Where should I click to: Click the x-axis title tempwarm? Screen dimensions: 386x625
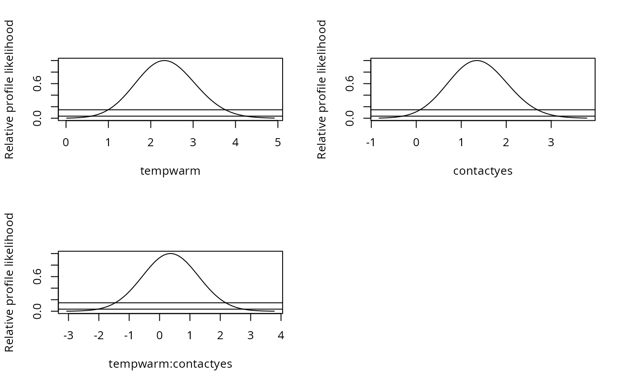[170, 171]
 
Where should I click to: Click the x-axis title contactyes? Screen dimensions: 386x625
[483, 171]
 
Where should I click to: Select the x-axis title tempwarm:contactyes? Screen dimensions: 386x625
[170, 364]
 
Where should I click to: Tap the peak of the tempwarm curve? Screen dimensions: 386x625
[164, 61]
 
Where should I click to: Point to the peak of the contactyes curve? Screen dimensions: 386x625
[477, 61]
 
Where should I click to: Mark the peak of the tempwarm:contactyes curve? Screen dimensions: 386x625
[171, 254]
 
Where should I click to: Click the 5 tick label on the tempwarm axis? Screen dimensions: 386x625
[278, 143]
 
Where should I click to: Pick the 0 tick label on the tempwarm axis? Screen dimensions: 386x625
[66, 143]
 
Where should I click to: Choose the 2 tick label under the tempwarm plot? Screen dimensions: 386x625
[151, 143]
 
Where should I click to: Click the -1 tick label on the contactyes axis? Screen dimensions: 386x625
[371, 143]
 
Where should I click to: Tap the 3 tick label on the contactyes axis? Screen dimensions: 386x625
[551, 143]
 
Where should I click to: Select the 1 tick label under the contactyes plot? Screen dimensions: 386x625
[461, 143]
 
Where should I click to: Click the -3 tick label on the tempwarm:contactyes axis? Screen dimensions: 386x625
[68, 336]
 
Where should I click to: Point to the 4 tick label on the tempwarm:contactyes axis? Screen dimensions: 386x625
[281, 336]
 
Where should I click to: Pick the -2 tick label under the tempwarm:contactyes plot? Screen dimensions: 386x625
[99, 336]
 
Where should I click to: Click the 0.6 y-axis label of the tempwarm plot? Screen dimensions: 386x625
[37, 83]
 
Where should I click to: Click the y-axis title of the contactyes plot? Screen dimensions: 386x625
[322, 89]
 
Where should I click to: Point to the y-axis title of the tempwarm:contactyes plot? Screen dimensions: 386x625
[9, 282]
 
